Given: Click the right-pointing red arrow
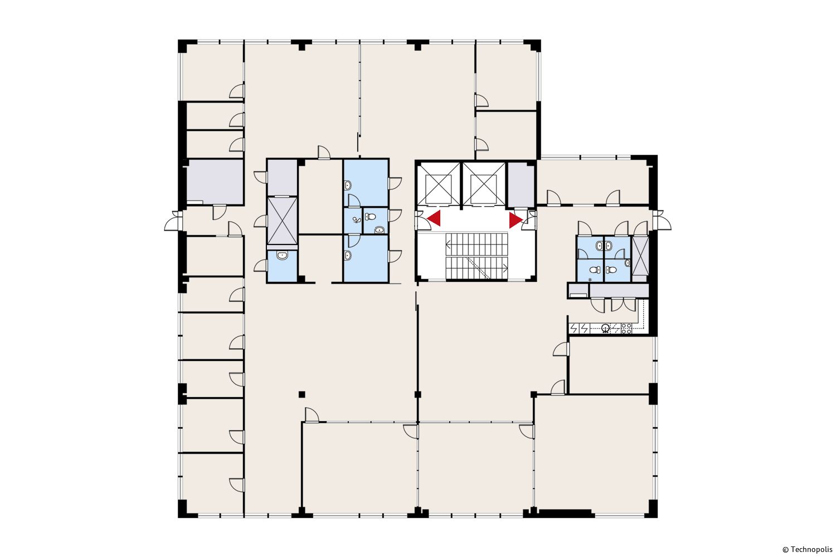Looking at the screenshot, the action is (516, 220).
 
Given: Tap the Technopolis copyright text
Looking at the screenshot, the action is (807, 550).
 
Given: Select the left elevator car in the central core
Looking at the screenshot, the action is (438, 184).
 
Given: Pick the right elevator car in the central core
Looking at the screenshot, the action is (484, 184).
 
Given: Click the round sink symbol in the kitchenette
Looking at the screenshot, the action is (605, 328).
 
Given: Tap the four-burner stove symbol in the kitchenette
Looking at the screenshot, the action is (626, 328).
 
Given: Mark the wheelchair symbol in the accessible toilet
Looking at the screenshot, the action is (356, 220).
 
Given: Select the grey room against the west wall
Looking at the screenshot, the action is (215, 182).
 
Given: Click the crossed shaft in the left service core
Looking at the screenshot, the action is (283, 221).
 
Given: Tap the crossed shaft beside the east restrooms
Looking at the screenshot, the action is (640, 256).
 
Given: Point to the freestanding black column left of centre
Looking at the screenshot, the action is (302, 394).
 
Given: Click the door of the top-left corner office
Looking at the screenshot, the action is (237, 91).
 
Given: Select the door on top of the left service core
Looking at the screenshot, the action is (324, 153).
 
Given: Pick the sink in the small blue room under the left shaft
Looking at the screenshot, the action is (282, 256).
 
